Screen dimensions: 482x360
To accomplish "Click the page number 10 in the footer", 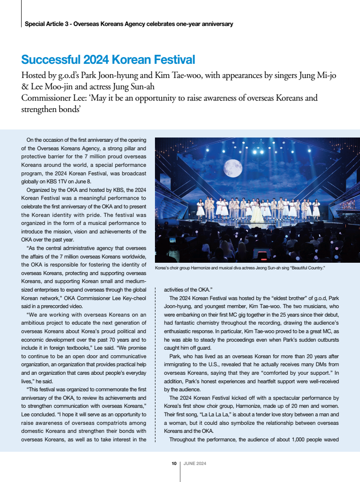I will pos(174,464).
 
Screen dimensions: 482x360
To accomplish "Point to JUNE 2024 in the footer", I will pos(194,464).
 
